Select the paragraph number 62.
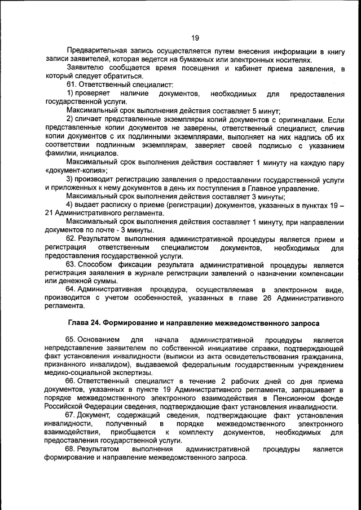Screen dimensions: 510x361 coord(72,239)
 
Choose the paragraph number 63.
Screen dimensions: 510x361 coord(72,264)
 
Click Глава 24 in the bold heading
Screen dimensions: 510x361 coord(83,323)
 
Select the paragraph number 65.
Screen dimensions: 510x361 coord(72,340)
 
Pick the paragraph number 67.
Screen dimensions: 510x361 coord(72,415)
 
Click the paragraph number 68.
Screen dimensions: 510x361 coord(72,449)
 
